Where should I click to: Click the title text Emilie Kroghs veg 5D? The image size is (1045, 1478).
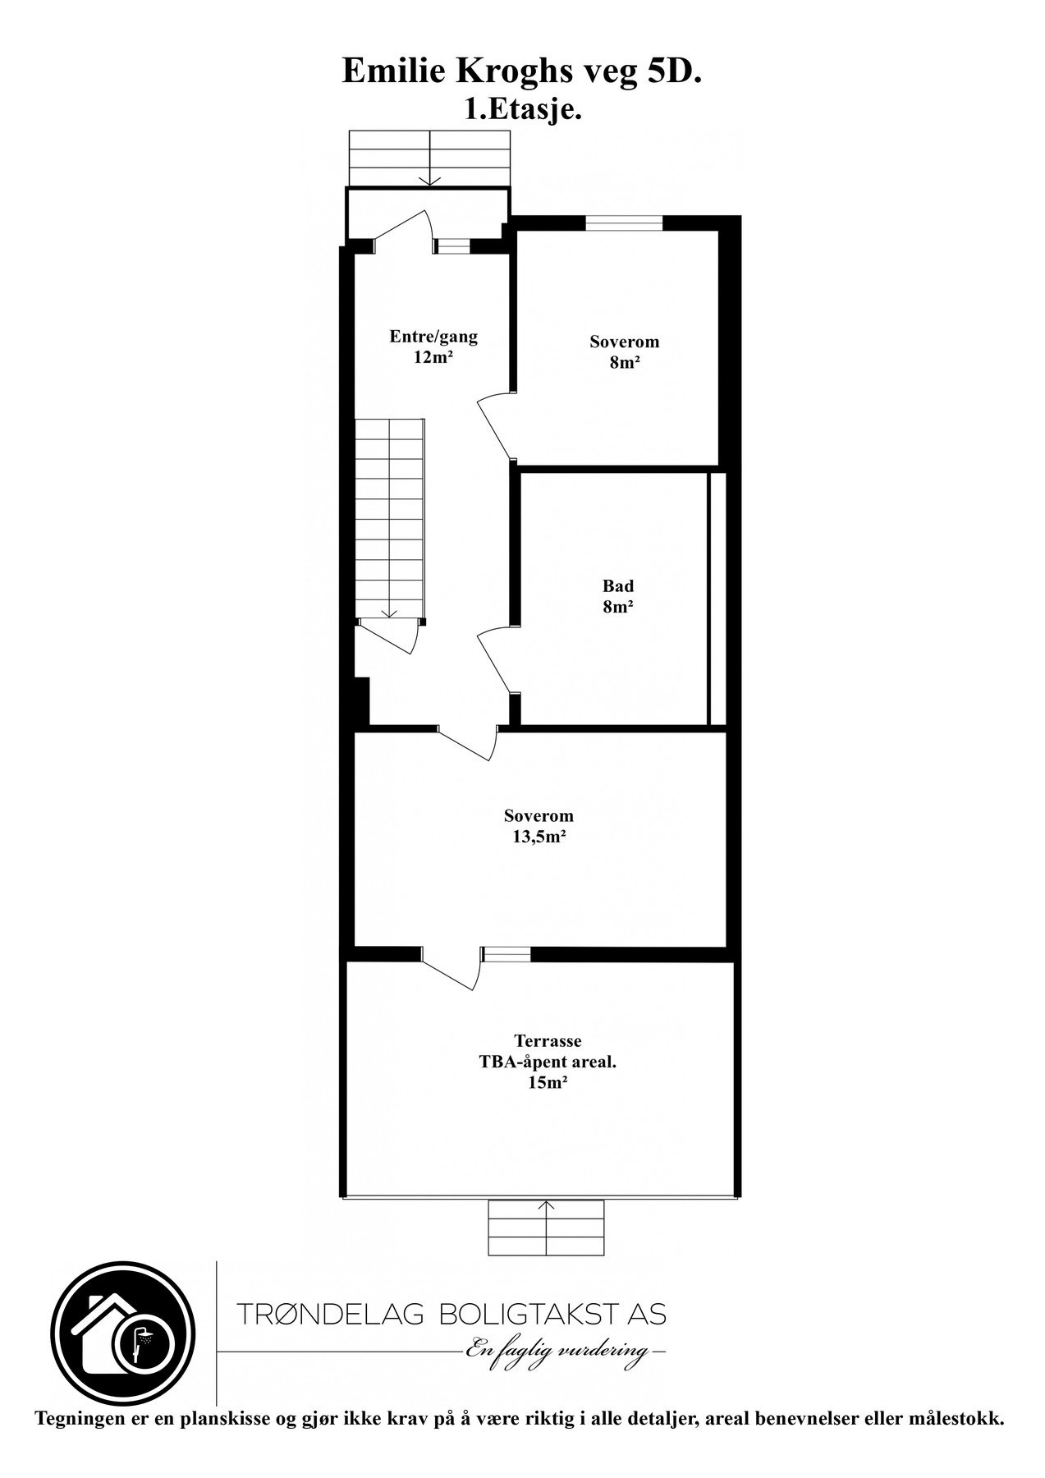click(x=522, y=72)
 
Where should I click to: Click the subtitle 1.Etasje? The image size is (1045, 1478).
click(x=523, y=109)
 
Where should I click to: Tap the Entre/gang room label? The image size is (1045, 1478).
click(x=433, y=336)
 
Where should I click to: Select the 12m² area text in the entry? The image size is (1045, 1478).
click(x=433, y=357)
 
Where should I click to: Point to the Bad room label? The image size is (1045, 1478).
click(x=618, y=586)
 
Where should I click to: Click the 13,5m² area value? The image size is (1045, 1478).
click(x=539, y=838)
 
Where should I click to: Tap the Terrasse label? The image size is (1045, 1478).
click(x=548, y=1041)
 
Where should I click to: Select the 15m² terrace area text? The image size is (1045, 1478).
click(x=548, y=1083)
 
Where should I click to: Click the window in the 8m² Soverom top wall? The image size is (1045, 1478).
click(x=624, y=223)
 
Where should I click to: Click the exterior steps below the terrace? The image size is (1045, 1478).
click(x=546, y=1227)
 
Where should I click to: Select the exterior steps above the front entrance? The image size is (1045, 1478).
click(x=430, y=158)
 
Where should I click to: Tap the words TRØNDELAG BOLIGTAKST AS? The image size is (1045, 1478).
click(x=451, y=1314)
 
